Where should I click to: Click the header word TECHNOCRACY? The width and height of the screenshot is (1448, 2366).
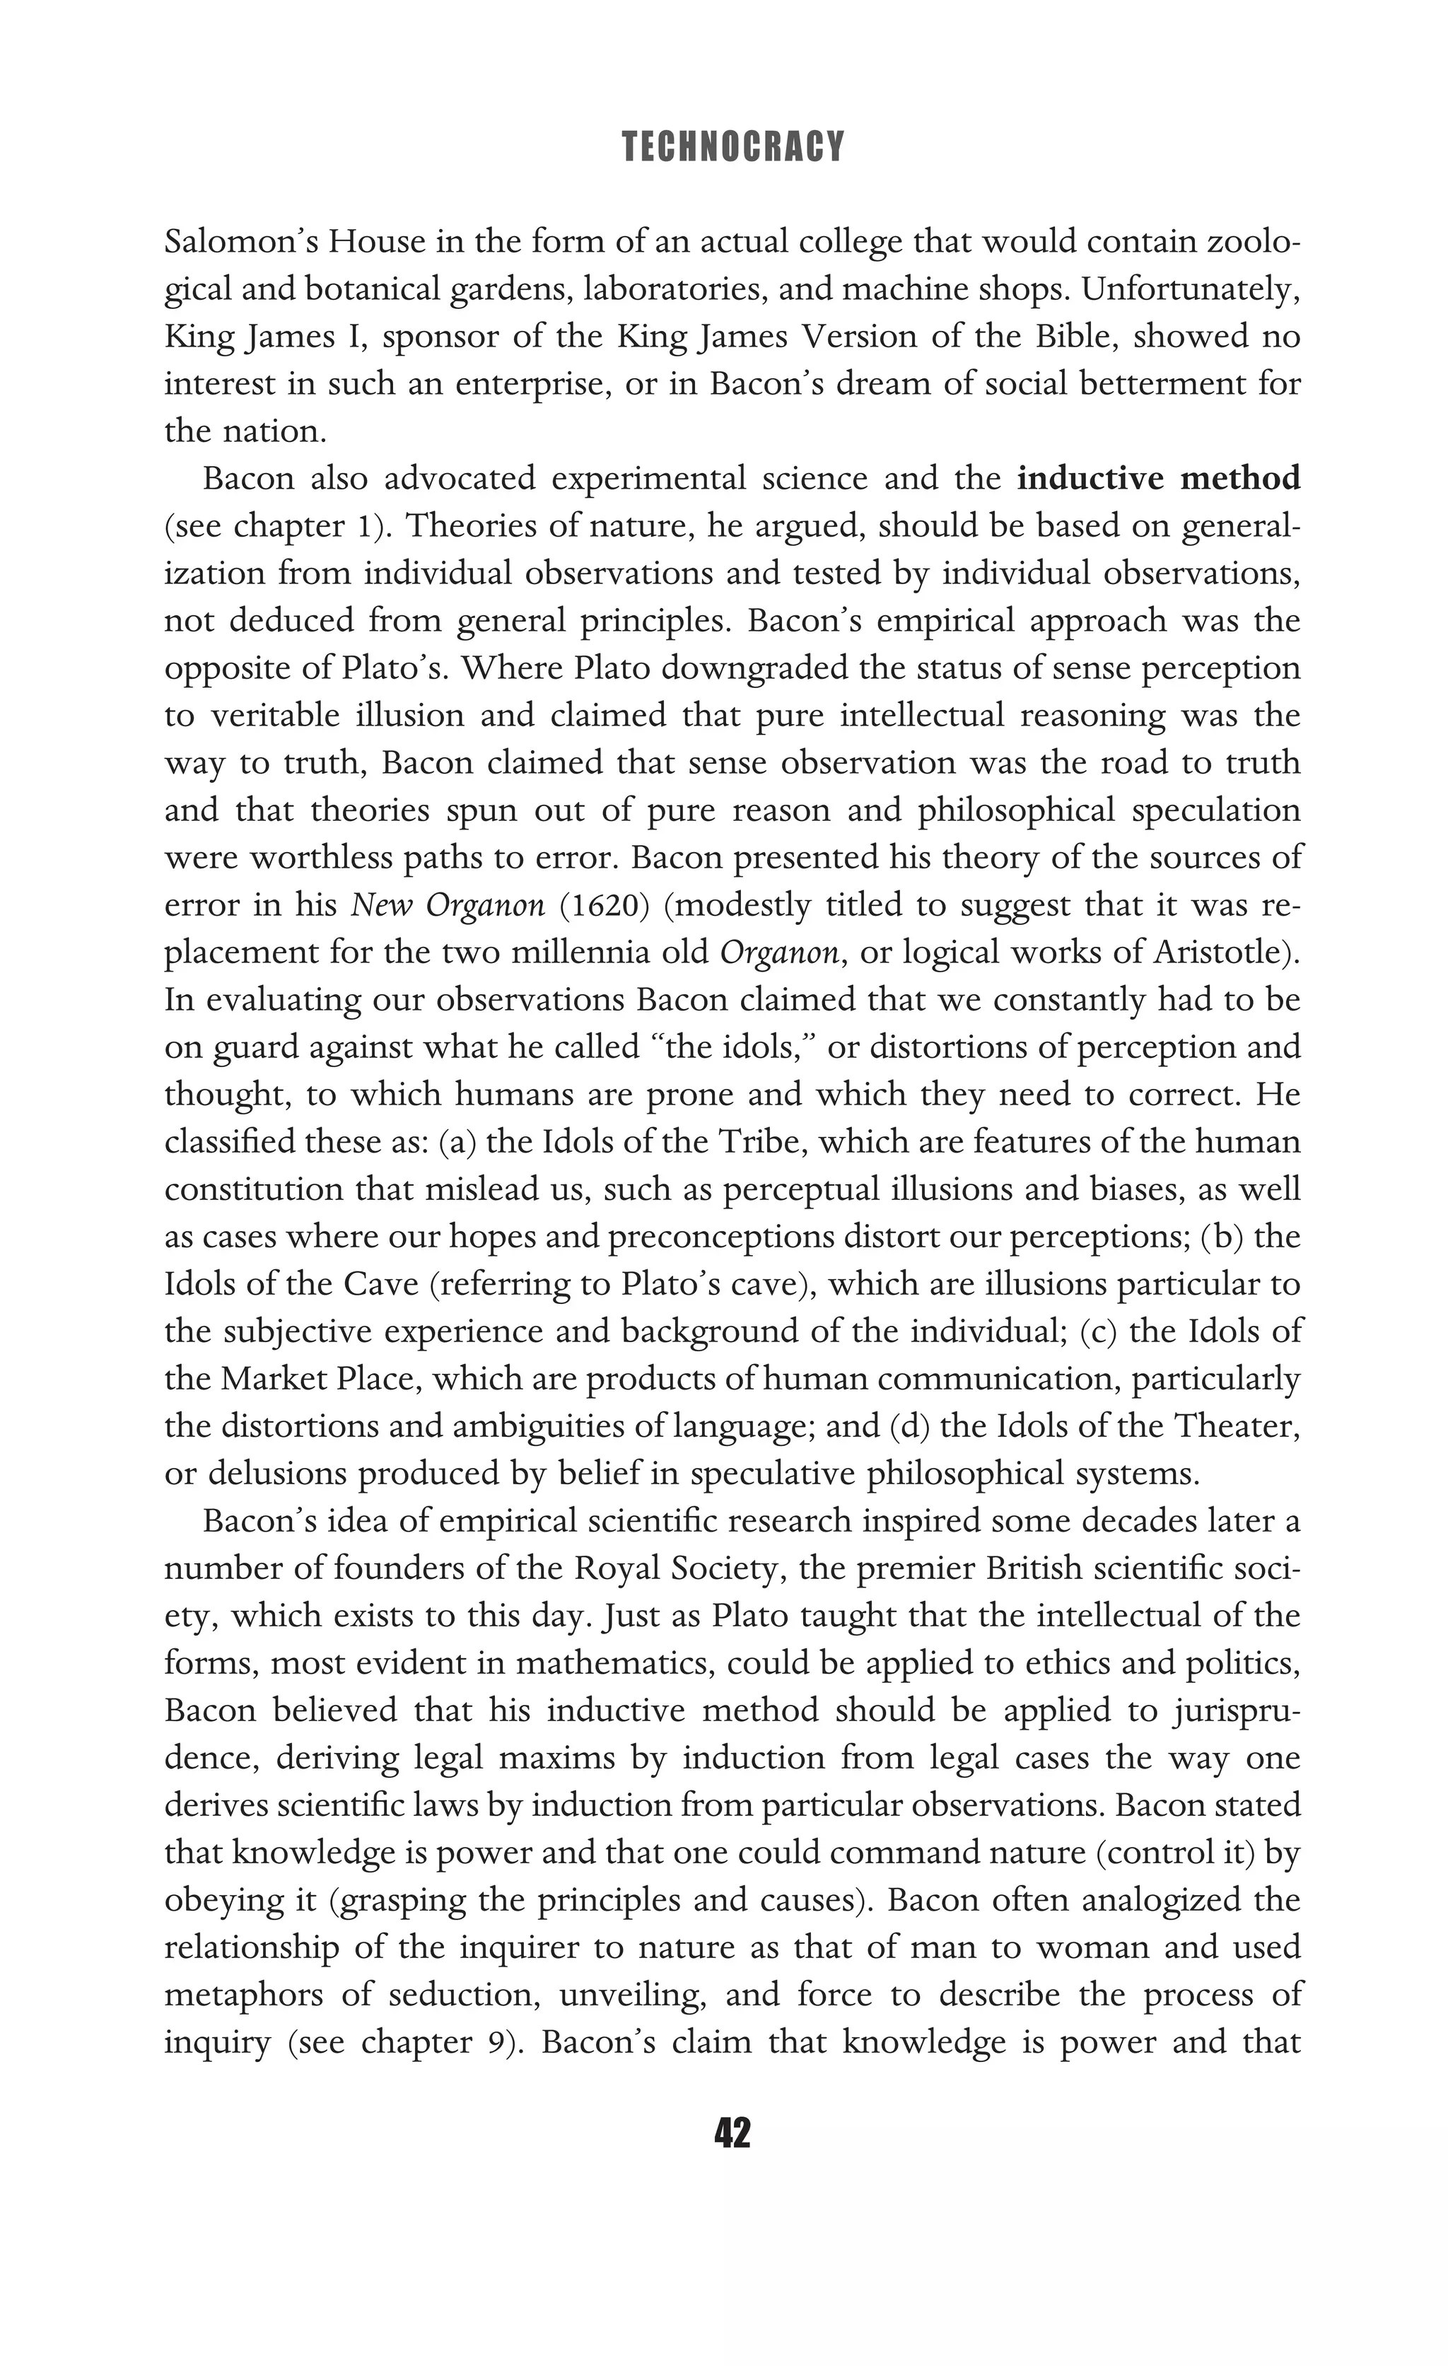[732, 147]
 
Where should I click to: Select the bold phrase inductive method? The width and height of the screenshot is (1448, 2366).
[1158, 477]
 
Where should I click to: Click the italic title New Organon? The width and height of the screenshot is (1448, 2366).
[448, 904]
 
